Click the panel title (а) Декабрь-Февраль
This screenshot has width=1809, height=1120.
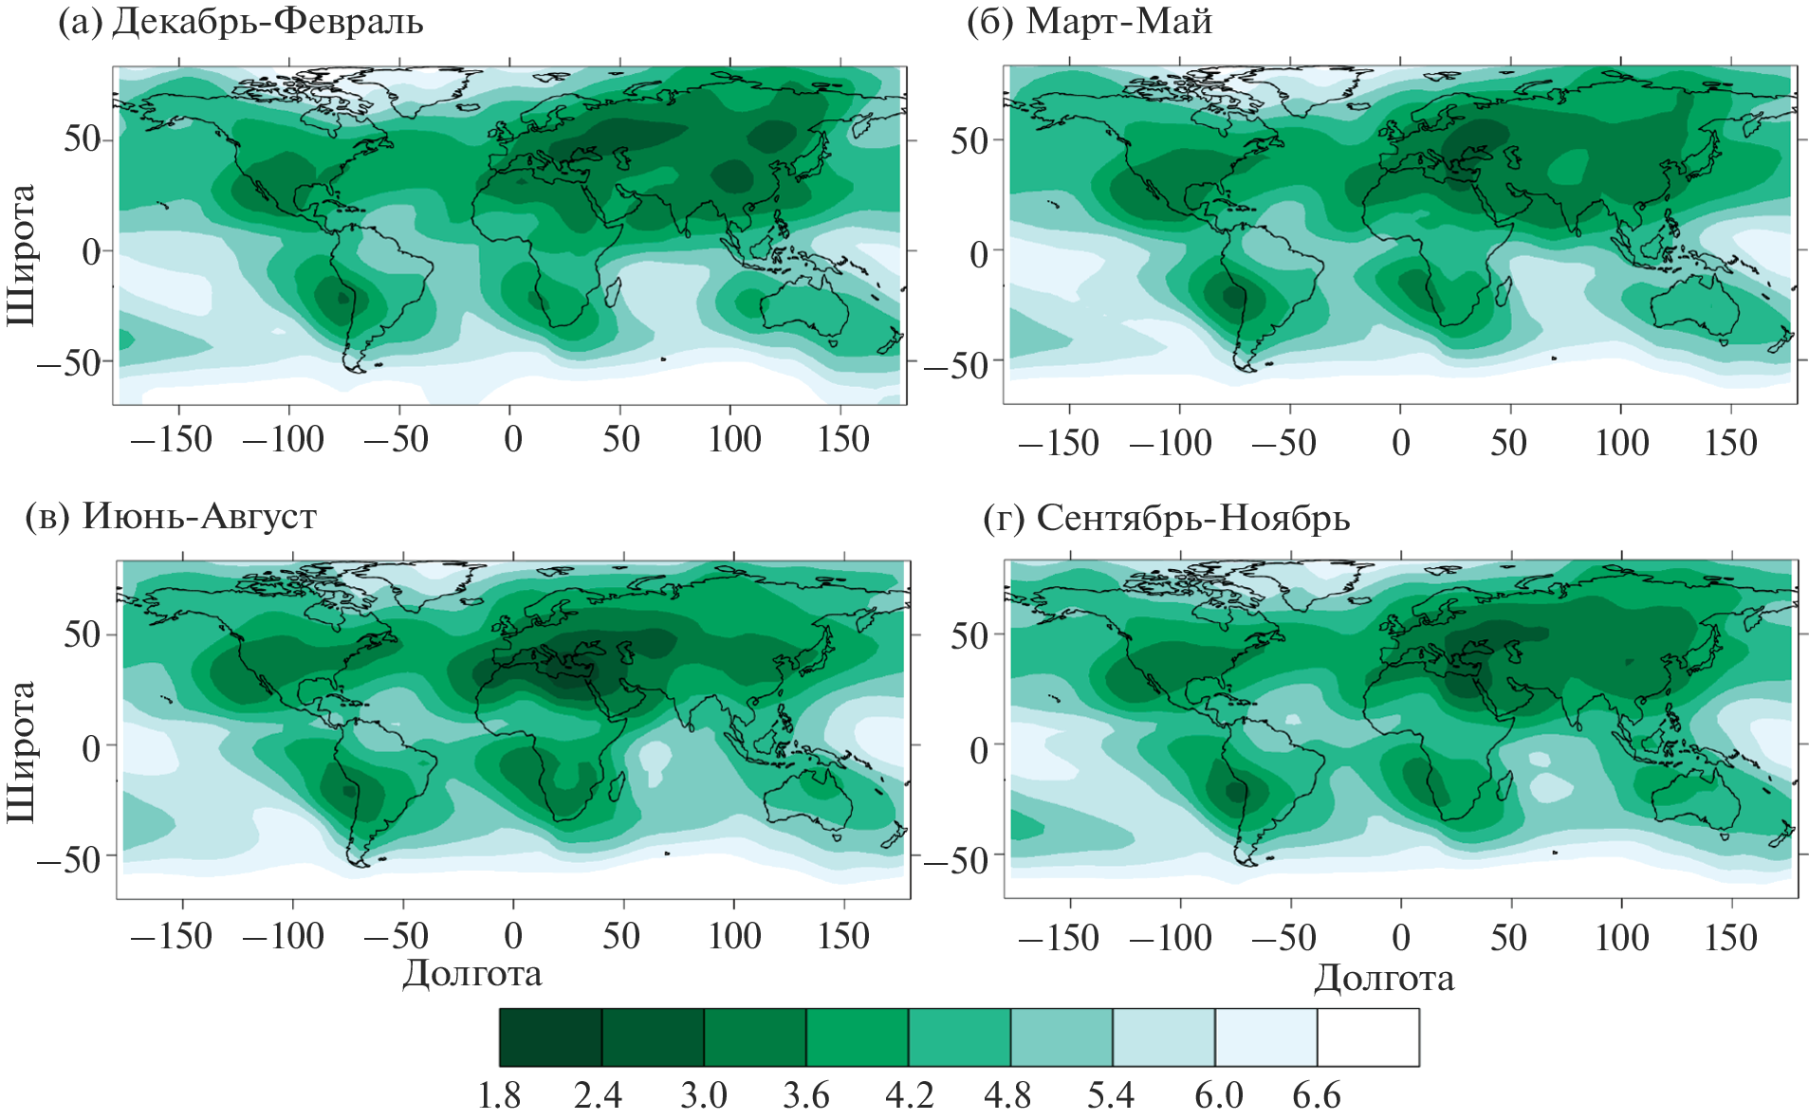[x=240, y=22]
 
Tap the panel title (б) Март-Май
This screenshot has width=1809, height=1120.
[x=1089, y=22]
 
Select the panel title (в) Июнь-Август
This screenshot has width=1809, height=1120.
[x=171, y=516]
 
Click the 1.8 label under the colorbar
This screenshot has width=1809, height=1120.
[x=499, y=1096]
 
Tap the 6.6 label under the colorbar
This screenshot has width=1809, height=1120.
[x=1317, y=1096]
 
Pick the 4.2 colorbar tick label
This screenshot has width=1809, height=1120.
[x=909, y=1096]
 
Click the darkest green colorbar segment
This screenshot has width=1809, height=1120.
[x=550, y=1037]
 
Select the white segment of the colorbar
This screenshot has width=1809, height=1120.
[x=1368, y=1037]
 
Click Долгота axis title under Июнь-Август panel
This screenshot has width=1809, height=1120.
[x=471, y=974]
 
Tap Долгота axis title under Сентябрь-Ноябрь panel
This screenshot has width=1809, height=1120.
[x=1383, y=978]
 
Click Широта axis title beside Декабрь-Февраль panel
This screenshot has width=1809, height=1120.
[x=21, y=254]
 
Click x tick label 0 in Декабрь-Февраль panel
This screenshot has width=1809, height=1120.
[x=512, y=439]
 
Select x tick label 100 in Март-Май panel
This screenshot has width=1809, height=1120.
[x=1621, y=442]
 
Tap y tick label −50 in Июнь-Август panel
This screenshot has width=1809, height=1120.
[x=68, y=859]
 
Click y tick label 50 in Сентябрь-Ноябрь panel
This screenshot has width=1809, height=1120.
[x=969, y=636]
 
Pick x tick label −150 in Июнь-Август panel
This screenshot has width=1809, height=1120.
[x=172, y=936]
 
